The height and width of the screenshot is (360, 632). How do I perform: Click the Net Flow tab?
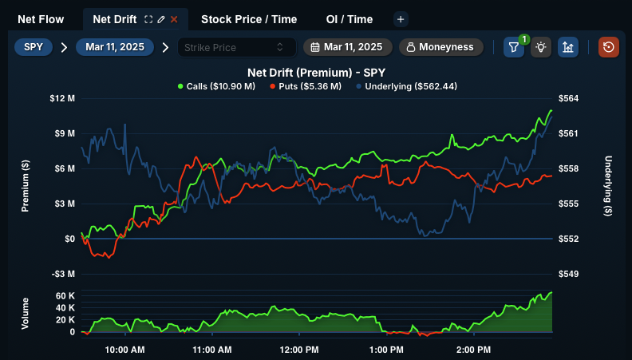point(40,18)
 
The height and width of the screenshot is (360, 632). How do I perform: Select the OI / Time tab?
point(349,18)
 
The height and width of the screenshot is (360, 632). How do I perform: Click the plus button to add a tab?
point(401,18)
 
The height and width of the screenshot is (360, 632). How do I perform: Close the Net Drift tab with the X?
point(174,18)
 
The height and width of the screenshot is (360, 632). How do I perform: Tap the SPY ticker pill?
point(33,47)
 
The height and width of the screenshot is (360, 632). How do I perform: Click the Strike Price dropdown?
point(236,47)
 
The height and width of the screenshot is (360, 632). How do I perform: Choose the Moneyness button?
point(440,47)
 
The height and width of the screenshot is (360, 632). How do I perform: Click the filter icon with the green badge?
point(514,47)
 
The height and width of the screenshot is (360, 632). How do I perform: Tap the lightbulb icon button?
point(541,47)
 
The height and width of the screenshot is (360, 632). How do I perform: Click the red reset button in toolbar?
point(609,47)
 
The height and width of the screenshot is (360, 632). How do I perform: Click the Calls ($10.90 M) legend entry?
point(216,85)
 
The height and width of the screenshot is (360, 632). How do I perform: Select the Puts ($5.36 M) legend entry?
point(306,85)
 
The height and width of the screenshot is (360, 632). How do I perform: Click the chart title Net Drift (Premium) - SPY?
point(316,72)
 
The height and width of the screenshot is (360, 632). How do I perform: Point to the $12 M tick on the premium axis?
point(62,98)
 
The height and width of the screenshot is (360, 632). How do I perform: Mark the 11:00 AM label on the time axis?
point(211,350)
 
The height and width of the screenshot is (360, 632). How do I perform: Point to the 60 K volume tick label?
point(65,296)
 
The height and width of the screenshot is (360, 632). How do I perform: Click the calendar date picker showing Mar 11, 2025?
point(347,47)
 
